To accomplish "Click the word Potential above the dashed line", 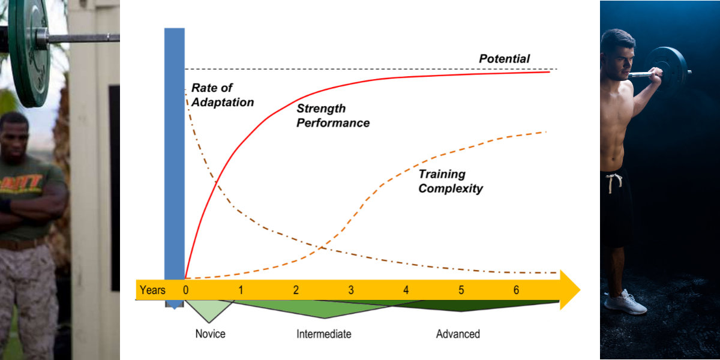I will click(x=504, y=59).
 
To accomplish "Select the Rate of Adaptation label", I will click(x=222, y=95).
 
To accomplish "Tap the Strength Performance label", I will click(x=332, y=116).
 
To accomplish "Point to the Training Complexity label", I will click(x=450, y=181).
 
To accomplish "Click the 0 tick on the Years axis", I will click(x=185, y=290).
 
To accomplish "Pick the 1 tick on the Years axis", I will click(x=241, y=290).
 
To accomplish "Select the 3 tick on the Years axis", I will click(x=351, y=290).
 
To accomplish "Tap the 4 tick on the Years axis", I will click(x=406, y=290).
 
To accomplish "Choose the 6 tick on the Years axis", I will click(x=516, y=290).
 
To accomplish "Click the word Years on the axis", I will click(x=152, y=290).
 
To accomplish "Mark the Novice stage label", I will click(x=210, y=334).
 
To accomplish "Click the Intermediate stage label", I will click(x=323, y=334).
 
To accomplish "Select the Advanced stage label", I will click(x=458, y=334).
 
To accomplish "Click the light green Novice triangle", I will click(x=208, y=308).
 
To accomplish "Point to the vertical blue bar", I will click(x=174, y=150).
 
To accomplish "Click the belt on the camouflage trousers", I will click(x=24, y=244).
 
